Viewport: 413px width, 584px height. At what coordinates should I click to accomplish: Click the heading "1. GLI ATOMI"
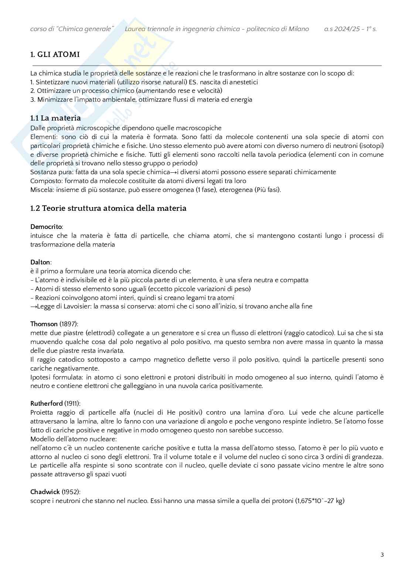tap(55, 54)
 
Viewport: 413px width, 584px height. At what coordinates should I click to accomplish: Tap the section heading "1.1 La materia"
tap(55, 118)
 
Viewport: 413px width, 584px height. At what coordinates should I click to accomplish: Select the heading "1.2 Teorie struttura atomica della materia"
tap(108, 208)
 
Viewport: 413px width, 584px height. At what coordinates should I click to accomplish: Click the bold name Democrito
tap(46, 227)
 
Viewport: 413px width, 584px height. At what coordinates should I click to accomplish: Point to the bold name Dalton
tap(40, 262)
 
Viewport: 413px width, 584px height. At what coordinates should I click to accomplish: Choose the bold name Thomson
tap(44, 324)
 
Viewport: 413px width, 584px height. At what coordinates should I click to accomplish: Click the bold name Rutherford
tap(47, 404)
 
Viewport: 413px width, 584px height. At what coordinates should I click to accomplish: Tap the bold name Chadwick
tap(45, 492)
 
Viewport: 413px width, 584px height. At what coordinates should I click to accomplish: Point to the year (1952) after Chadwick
tap(71, 492)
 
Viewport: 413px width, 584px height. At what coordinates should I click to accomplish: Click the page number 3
tap(382, 555)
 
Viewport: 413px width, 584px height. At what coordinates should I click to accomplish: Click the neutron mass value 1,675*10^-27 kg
tap(321, 501)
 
